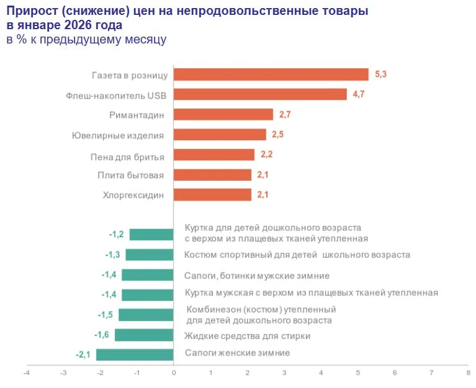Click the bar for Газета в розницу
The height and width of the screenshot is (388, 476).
(271, 74)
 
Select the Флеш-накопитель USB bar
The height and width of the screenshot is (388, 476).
(260, 94)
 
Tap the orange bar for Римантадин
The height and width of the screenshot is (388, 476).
(223, 114)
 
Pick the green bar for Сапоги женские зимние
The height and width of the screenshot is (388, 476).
(135, 354)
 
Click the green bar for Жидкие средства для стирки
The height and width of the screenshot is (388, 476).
(144, 335)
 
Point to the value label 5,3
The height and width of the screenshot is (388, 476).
(381, 74)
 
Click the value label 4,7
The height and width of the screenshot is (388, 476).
(359, 94)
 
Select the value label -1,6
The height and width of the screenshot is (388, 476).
(101, 335)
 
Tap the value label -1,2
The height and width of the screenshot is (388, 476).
(116, 234)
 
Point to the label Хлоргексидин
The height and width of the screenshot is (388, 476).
(133, 195)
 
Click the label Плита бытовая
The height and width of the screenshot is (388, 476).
(130, 175)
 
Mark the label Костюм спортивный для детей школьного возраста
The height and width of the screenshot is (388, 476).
(297, 255)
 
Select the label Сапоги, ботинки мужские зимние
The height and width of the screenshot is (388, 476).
(257, 275)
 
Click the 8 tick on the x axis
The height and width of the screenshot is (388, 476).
(468, 373)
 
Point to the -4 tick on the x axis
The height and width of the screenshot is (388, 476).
(26, 373)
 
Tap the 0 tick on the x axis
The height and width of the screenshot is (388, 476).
(174, 373)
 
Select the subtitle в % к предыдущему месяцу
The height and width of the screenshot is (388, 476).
(86, 40)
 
